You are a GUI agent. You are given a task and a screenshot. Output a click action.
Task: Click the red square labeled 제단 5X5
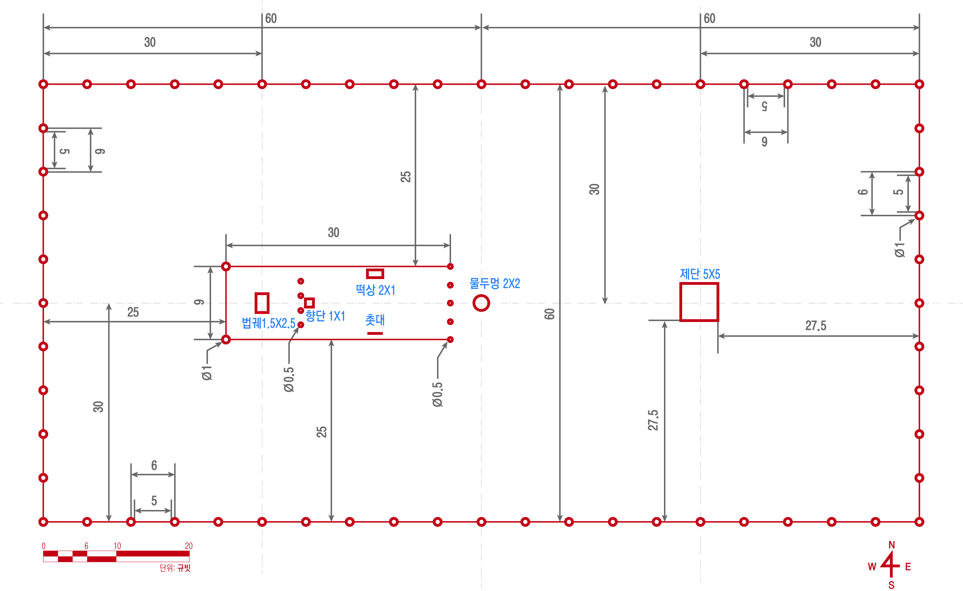click(x=680, y=302)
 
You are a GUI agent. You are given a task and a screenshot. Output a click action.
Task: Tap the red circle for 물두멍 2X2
click(x=474, y=303)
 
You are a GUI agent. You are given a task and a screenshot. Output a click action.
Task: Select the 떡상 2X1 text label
click(x=375, y=290)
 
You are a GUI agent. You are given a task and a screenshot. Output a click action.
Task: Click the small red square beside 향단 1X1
click(x=305, y=303)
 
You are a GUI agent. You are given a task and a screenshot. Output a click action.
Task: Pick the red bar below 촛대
click(x=375, y=333)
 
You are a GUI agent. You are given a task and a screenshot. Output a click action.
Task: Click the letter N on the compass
click(x=891, y=545)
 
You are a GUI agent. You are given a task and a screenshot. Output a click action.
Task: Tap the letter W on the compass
click(x=872, y=567)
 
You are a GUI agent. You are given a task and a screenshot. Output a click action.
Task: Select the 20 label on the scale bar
click(x=188, y=546)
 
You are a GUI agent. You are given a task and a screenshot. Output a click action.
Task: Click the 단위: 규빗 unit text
click(x=175, y=567)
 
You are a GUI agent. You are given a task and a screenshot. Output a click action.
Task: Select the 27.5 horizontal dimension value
click(x=816, y=326)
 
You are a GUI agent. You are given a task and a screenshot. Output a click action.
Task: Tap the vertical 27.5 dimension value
click(x=653, y=420)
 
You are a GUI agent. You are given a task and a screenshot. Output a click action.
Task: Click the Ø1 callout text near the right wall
click(x=900, y=250)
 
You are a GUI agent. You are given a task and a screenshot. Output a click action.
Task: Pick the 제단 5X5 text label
click(x=700, y=274)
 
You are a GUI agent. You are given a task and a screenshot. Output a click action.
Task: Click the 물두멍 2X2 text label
click(x=494, y=283)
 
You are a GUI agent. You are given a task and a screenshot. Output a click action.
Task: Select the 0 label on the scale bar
click(x=43, y=546)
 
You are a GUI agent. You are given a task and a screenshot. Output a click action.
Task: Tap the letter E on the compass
click(x=908, y=567)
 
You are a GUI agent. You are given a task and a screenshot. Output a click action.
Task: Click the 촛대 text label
click(x=375, y=320)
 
